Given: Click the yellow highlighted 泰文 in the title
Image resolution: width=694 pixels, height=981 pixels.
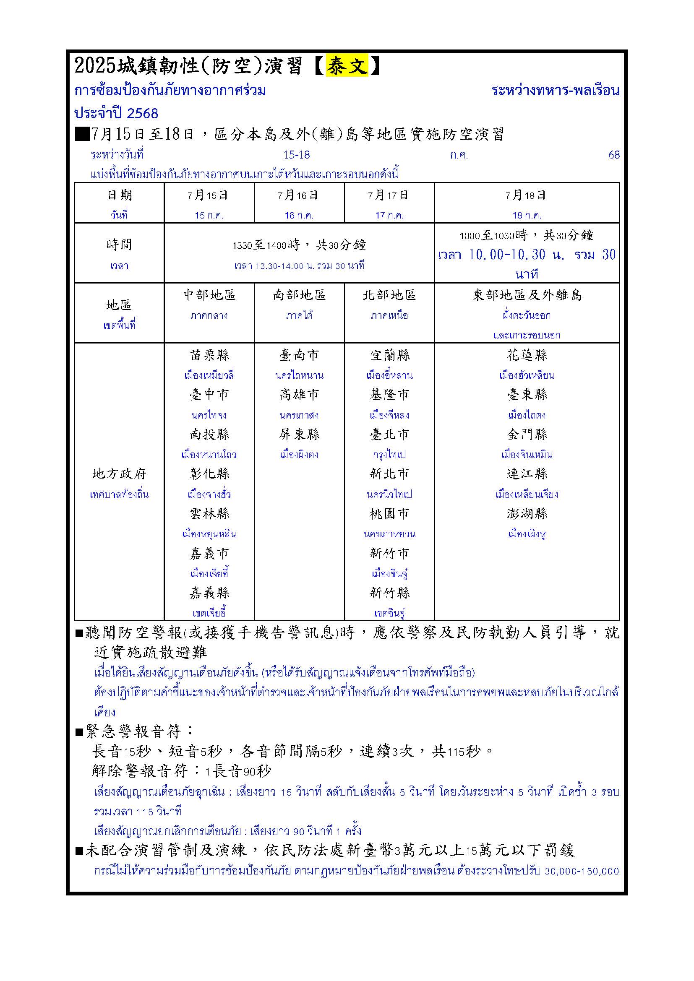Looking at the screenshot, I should [347, 66].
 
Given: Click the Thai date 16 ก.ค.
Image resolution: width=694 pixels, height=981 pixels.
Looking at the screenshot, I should [299, 215].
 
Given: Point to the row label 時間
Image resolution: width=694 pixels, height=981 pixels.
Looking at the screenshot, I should [119, 245].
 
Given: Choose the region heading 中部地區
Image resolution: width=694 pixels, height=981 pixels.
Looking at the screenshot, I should [209, 295].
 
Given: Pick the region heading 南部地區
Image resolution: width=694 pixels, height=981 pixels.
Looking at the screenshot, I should [299, 295].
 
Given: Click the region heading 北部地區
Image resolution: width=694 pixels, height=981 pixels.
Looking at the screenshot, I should [389, 295].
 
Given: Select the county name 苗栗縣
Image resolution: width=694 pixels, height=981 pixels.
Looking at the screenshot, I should [209, 356].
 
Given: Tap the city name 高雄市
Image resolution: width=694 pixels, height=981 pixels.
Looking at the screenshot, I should [299, 395].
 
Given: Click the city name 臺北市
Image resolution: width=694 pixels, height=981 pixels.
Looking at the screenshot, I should [389, 435].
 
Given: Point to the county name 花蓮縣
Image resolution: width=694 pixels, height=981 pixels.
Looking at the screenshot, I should [527, 356].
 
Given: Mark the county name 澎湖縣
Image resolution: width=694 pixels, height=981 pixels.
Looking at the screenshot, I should [527, 514].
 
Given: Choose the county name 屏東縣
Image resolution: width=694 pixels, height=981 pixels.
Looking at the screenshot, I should [299, 435].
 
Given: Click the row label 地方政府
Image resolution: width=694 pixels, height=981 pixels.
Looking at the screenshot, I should [119, 474].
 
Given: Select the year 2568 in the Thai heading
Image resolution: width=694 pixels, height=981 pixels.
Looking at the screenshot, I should [142, 113].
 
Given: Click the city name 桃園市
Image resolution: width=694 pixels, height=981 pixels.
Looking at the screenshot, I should [389, 514].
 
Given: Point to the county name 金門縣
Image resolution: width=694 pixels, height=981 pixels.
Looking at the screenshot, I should [527, 435].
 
